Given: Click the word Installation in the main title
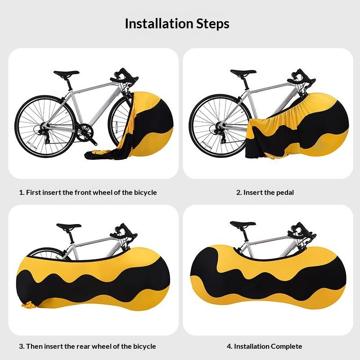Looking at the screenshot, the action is pos(159,24).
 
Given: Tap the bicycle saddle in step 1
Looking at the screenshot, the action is pos(66,73).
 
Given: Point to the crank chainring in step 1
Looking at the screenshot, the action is pos(85,132).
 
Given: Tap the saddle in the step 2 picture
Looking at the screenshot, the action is pos(243,72).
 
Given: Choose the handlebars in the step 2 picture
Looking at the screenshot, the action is pos(301,76).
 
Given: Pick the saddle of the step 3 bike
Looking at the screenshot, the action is pos(69,226).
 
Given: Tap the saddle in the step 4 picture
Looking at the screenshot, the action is pos(243,224).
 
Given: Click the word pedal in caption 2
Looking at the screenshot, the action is pos(285,193).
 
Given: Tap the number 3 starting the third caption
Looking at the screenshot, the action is pos(21,346).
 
